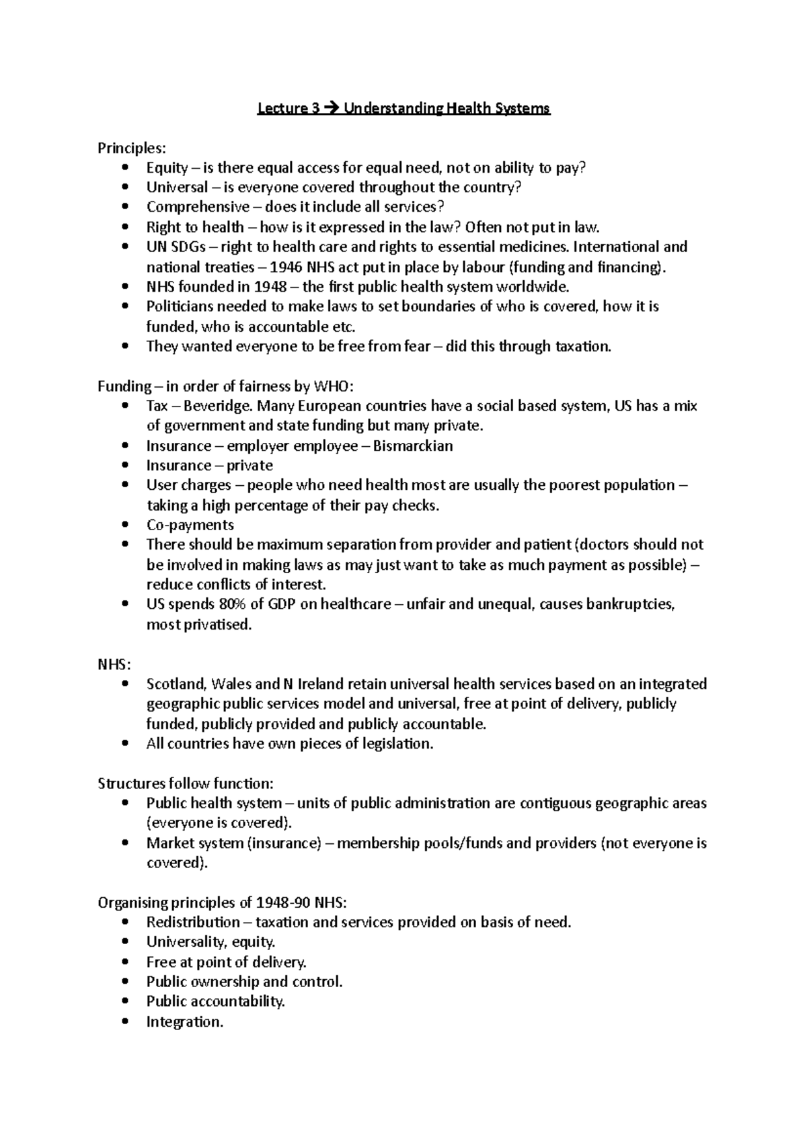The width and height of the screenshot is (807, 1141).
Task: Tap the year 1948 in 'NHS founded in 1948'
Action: tap(270, 287)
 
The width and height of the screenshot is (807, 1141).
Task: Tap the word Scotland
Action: tap(176, 684)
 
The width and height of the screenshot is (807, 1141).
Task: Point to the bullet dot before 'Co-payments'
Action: tap(126, 525)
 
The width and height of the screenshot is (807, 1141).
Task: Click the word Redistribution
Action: tap(193, 922)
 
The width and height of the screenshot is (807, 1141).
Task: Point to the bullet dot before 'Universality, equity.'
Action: tap(126, 942)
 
